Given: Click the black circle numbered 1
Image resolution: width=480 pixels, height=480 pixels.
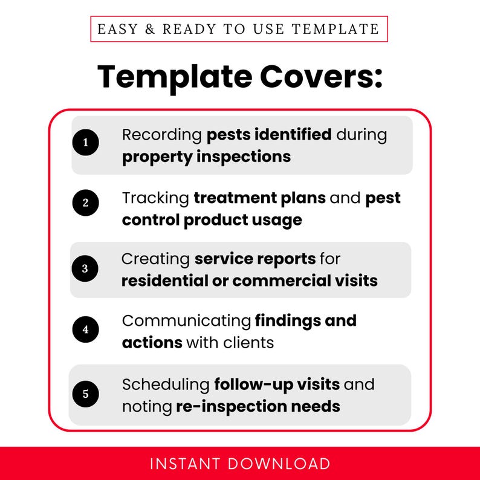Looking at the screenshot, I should [85, 143].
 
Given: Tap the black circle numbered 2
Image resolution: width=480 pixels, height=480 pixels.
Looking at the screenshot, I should [85, 203].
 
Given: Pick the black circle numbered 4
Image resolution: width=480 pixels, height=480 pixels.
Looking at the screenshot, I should [85, 330].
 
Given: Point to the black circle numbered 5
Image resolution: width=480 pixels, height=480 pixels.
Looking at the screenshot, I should [85, 394].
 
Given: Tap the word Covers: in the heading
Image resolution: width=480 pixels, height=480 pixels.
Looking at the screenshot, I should [321, 77].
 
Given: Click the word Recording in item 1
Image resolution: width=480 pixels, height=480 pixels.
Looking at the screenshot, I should [161, 134].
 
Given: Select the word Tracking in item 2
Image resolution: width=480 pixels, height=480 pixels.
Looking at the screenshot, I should [155, 198].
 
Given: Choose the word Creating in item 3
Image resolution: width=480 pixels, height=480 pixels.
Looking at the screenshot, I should [155, 259].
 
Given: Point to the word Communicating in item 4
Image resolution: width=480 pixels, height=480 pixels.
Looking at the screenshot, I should [186, 320].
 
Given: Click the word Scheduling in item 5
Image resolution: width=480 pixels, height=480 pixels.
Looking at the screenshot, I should [166, 384].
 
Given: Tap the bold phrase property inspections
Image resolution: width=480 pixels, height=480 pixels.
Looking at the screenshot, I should [206, 157].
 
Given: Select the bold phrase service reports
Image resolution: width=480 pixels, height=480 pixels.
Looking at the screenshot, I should [255, 259].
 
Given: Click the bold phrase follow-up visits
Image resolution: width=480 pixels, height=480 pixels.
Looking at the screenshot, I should [277, 384].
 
